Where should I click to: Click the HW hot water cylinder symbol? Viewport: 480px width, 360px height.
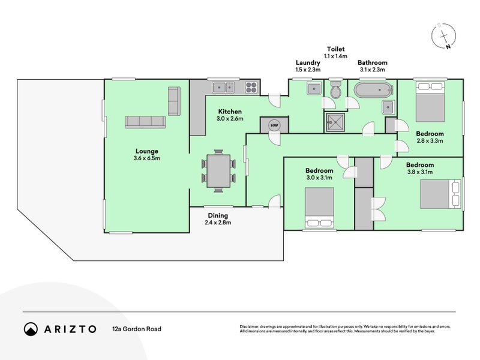click(274, 125)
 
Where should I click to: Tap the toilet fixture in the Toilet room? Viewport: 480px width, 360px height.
click(335, 89)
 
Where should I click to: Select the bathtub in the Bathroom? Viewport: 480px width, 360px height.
click(373, 89)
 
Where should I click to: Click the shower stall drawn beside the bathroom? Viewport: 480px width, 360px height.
click(335, 122)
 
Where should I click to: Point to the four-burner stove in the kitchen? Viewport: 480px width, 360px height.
click(251, 87)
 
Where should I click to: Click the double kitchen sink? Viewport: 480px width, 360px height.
click(223, 88)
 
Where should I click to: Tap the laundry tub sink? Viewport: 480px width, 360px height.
click(314, 89)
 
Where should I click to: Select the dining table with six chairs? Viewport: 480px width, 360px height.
click(218, 171)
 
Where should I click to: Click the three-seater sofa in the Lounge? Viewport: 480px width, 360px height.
click(145, 122)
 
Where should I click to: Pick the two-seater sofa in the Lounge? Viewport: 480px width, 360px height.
click(174, 101)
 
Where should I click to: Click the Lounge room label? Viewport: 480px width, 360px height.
click(147, 151)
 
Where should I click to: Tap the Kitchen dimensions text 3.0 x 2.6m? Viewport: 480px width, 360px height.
click(230, 118)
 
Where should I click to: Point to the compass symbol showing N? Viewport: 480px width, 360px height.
click(444, 36)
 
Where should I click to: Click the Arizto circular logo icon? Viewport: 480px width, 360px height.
click(31, 329)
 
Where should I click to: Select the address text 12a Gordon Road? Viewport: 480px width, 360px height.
click(137, 329)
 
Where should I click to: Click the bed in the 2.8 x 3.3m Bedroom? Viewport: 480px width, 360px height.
click(430, 101)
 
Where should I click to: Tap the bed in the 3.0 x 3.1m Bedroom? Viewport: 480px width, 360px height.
click(319, 208)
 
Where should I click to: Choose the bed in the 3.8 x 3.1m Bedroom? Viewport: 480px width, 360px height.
click(440, 194)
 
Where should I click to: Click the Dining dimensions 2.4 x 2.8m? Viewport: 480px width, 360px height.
click(218, 223)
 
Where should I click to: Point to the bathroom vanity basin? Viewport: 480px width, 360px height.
click(388, 107)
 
